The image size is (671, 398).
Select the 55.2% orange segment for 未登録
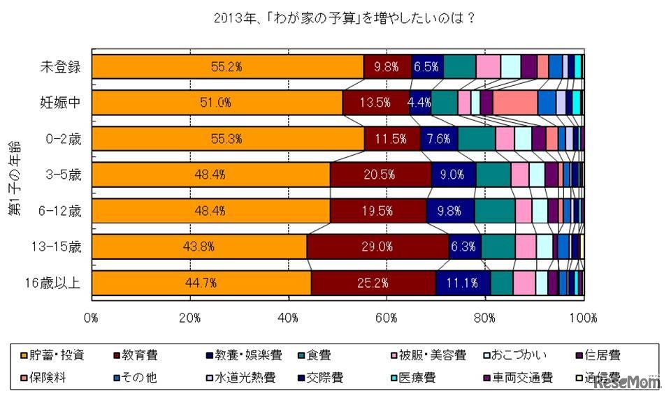tap(227, 66)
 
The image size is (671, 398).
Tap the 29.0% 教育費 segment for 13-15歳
tap(377, 246)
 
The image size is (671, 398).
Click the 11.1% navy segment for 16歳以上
tap(461, 283)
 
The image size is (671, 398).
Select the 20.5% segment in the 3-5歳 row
tap(380, 175)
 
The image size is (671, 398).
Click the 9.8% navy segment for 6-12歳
tap(450, 211)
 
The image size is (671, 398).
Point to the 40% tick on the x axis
tap(289, 318)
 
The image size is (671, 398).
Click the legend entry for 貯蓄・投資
tap(54, 355)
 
